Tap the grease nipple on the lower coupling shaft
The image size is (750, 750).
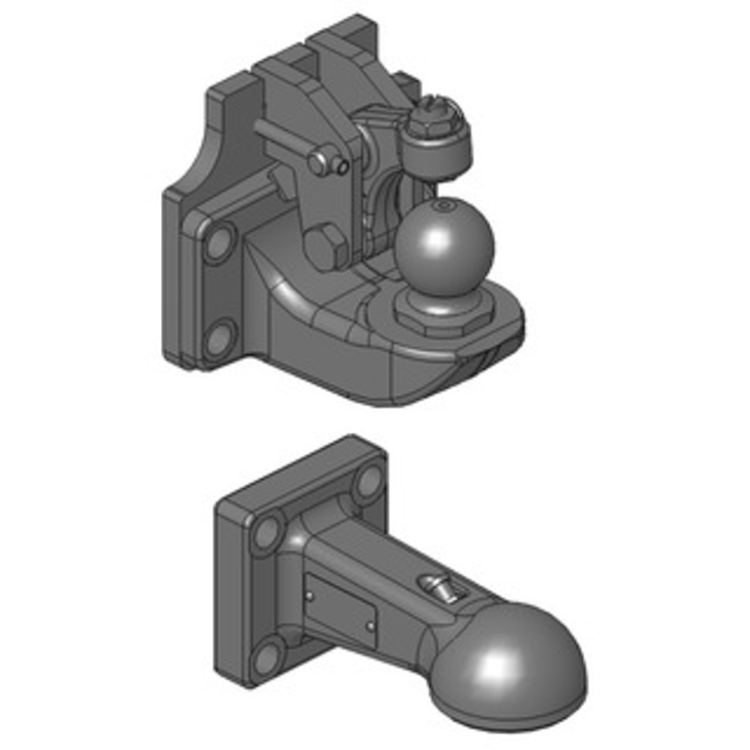tap(439, 588)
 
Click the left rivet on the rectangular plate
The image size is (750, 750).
tap(310, 592)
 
